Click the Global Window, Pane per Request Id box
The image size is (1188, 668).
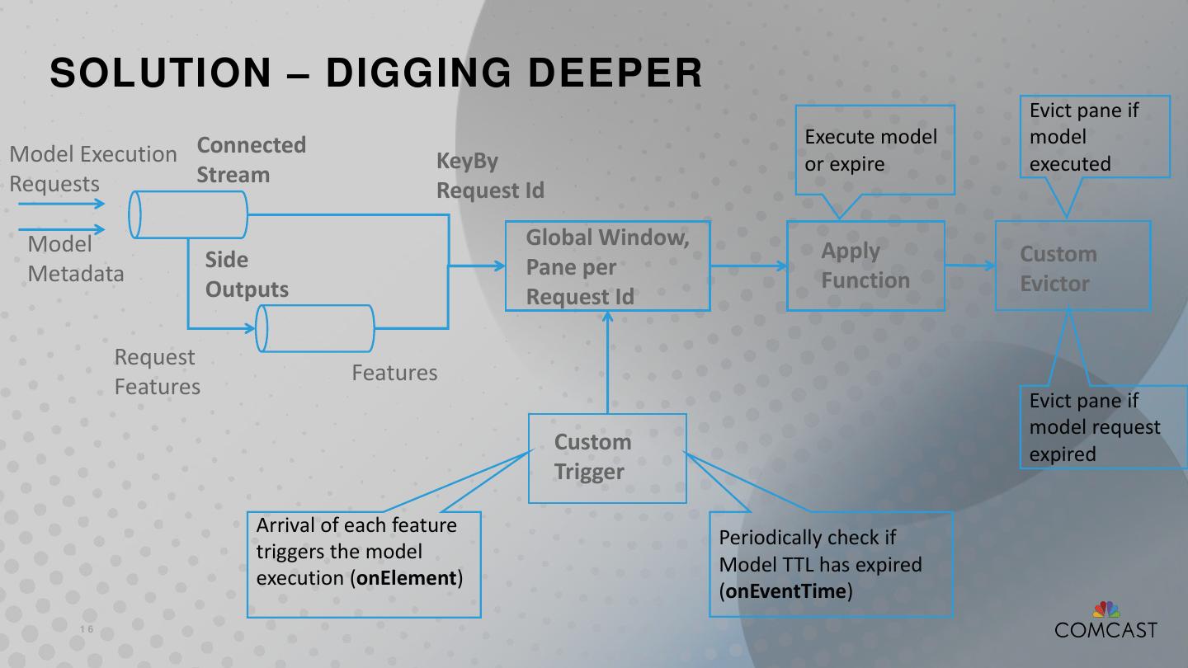click(x=607, y=266)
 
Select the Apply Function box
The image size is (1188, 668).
click(x=865, y=266)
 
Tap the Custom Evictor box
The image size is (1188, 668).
click(x=1072, y=266)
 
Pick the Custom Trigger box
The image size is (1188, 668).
click(x=607, y=458)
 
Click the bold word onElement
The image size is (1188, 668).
click(x=406, y=578)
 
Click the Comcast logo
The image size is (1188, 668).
click(x=1105, y=621)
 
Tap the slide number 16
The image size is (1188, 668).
click(x=87, y=630)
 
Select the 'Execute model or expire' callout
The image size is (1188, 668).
click(x=874, y=150)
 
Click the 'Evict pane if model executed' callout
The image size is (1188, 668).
click(x=1098, y=137)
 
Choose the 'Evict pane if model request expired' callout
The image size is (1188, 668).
click(x=1101, y=427)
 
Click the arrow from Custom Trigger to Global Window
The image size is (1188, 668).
click(x=608, y=363)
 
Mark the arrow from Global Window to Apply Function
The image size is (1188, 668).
click(x=748, y=266)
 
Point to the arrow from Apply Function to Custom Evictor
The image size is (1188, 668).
click(x=970, y=266)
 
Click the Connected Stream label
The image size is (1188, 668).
click(x=251, y=160)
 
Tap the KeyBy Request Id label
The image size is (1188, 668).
click(x=490, y=175)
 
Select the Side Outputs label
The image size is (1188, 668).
click(x=247, y=275)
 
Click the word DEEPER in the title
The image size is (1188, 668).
click(x=615, y=73)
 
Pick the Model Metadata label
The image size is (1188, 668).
click(x=76, y=259)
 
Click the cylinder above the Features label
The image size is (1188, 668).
click(x=315, y=328)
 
